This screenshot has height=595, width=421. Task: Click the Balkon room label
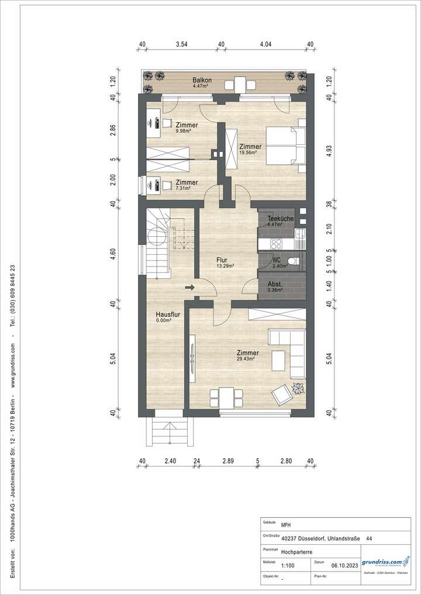pyautogui.click(x=203, y=81)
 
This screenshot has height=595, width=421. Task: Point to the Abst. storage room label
pyautogui.click(x=274, y=283)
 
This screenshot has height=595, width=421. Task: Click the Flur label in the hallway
pyautogui.click(x=221, y=261)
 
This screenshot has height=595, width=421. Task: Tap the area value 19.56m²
pyautogui.click(x=250, y=154)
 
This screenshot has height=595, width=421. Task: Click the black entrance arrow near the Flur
pyautogui.click(x=190, y=287)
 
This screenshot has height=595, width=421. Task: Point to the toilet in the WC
pyautogui.click(x=296, y=261)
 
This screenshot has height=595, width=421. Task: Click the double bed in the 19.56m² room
pyautogui.click(x=287, y=145)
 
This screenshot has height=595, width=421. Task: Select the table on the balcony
pyautogui.click(x=239, y=83)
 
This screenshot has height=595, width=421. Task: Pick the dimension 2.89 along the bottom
pyautogui.click(x=227, y=461)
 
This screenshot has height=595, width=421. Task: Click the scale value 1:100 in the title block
pyautogui.click(x=288, y=566)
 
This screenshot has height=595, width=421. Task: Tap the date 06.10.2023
pyautogui.click(x=344, y=566)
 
